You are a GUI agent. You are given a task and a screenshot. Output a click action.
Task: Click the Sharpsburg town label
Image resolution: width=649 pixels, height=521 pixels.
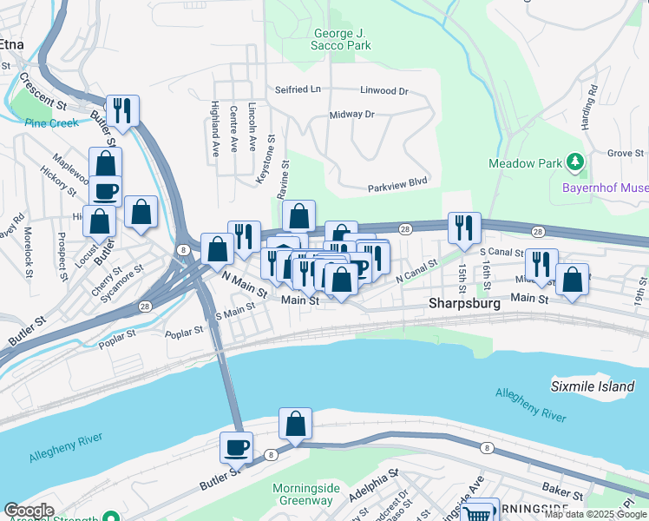click(x=465, y=305)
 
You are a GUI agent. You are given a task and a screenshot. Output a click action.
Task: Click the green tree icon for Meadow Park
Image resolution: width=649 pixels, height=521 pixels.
click(x=574, y=162)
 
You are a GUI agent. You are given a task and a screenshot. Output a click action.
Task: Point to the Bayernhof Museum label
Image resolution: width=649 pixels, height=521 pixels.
click(x=606, y=187)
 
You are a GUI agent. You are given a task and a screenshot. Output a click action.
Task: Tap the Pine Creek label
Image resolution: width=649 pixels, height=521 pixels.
click(x=51, y=123)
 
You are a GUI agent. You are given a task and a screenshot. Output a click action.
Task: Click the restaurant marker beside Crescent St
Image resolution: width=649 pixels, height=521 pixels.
click(x=122, y=110)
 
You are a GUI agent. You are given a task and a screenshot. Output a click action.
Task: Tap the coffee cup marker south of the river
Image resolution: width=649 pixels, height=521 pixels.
click(x=235, y=447)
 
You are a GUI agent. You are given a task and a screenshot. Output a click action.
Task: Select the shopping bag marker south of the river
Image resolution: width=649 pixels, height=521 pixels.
click(x=295, y=424)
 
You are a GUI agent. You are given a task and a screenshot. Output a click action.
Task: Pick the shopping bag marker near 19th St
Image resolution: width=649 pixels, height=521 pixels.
click(x=572, y=280)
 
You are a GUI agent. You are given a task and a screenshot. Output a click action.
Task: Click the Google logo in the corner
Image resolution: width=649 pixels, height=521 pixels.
click(x=29, y=511)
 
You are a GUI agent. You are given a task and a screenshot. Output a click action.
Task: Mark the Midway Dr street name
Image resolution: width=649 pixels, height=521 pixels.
click(x=351, y=114)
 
